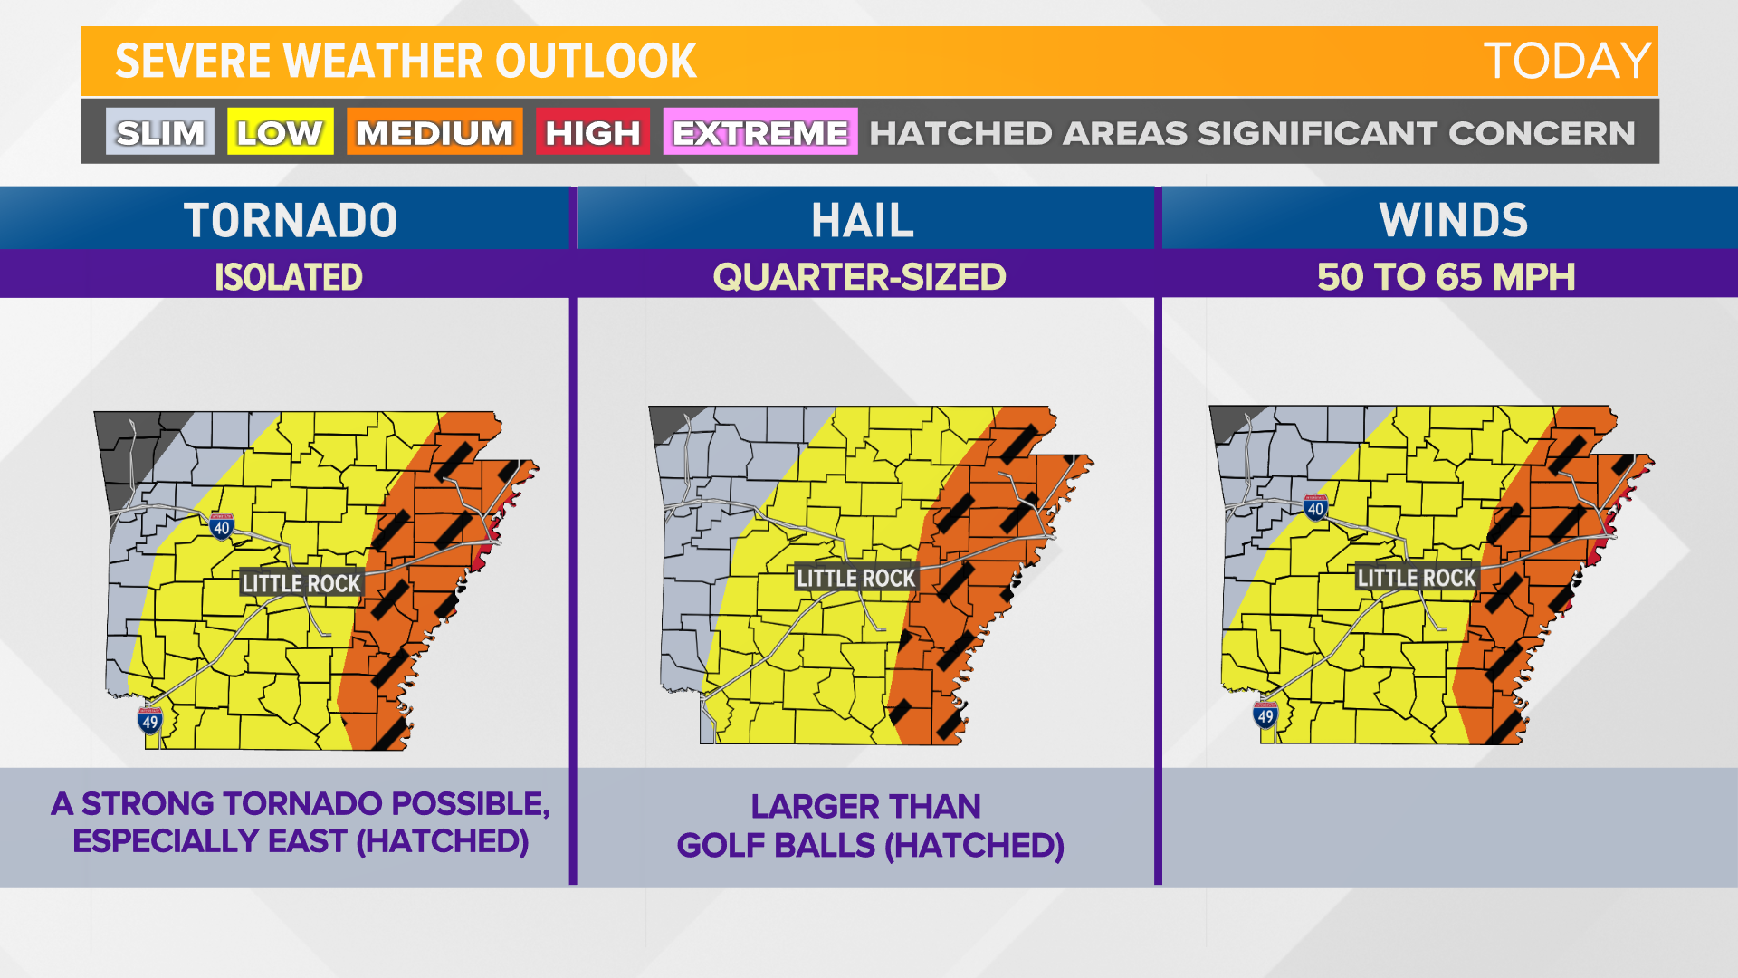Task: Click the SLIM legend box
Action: click(160, 132)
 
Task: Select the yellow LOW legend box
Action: click(280, 132)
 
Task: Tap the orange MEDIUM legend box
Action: click(434, 132)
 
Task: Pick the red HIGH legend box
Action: click(592, 132)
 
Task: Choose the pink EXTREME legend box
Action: click(759, 132)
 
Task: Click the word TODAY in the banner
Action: click(1567, 62)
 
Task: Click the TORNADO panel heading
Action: click(291, 220)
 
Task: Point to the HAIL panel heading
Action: click(863, 220)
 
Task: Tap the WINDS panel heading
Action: click(1453, 220)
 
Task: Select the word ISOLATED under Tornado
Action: click(289, 277)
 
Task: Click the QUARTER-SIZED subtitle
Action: click(859, 277)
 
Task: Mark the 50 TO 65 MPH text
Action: click(1446, 277)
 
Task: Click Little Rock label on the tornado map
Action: click(301, 583)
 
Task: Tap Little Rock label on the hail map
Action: click(855, 578)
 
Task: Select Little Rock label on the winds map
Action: click(1417, 578)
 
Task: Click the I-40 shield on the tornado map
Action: click(222, 526)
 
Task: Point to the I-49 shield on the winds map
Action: click(1265, 715)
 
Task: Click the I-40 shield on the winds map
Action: click(1316, 507)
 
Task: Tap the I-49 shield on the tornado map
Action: click(150, 721)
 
